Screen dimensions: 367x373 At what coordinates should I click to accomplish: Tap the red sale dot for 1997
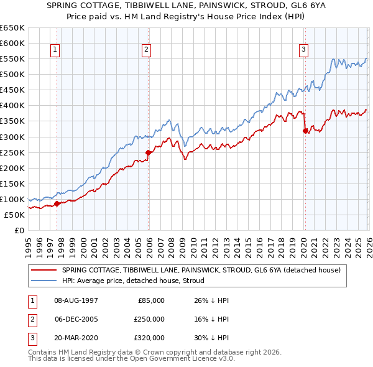click(57, 203)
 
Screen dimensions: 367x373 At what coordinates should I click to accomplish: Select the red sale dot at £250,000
click(148, 152)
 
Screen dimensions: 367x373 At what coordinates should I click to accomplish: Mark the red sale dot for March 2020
click(305, 131)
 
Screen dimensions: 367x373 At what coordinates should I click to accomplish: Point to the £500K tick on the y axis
click(12, 75)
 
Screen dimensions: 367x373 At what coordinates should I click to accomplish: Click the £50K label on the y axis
click(14, 215)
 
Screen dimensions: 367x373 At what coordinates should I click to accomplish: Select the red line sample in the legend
click(45, 271)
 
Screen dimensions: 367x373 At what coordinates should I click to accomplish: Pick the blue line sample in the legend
click(45, 281)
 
